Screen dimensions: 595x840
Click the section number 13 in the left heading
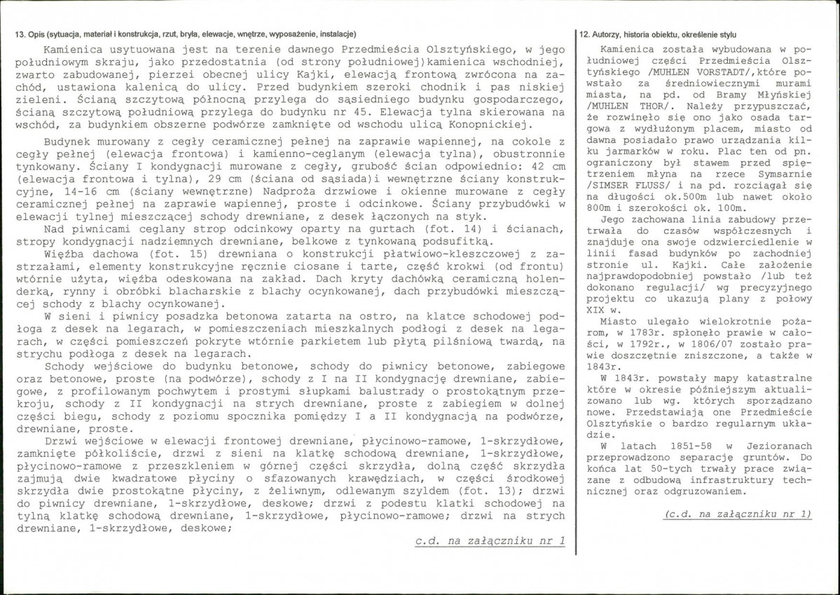[x=18, y=34]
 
